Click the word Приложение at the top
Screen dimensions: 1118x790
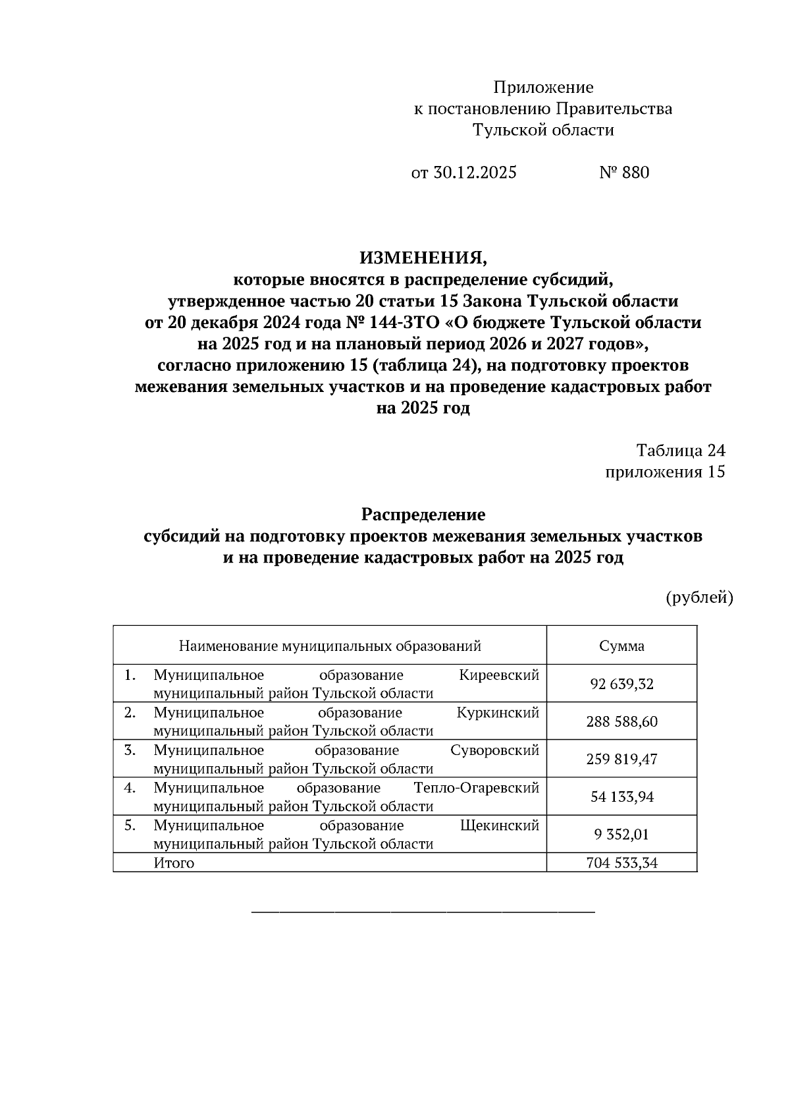[543, 88]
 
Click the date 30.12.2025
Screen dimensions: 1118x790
[475, 173]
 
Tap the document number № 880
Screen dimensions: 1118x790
[624, 173]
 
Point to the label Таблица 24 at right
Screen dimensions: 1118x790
[680, 451]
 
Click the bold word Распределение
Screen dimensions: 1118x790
[423, 514]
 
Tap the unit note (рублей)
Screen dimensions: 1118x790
[699, 598]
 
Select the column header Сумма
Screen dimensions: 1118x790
[621, 646]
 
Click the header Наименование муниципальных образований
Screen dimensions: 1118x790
[330, 646]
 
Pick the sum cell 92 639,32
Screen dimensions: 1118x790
[621, 684]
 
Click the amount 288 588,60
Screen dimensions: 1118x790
[621, 721]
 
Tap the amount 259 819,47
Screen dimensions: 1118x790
[621, 759]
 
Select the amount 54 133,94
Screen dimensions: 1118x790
[621, 797]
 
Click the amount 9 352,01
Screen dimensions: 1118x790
[621, 835]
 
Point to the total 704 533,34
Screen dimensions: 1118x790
[621, 862]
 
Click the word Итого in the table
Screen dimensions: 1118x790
[174, 862]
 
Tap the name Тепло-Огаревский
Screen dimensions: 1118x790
[477, 788]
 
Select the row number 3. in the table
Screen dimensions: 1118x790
[130, 750]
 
